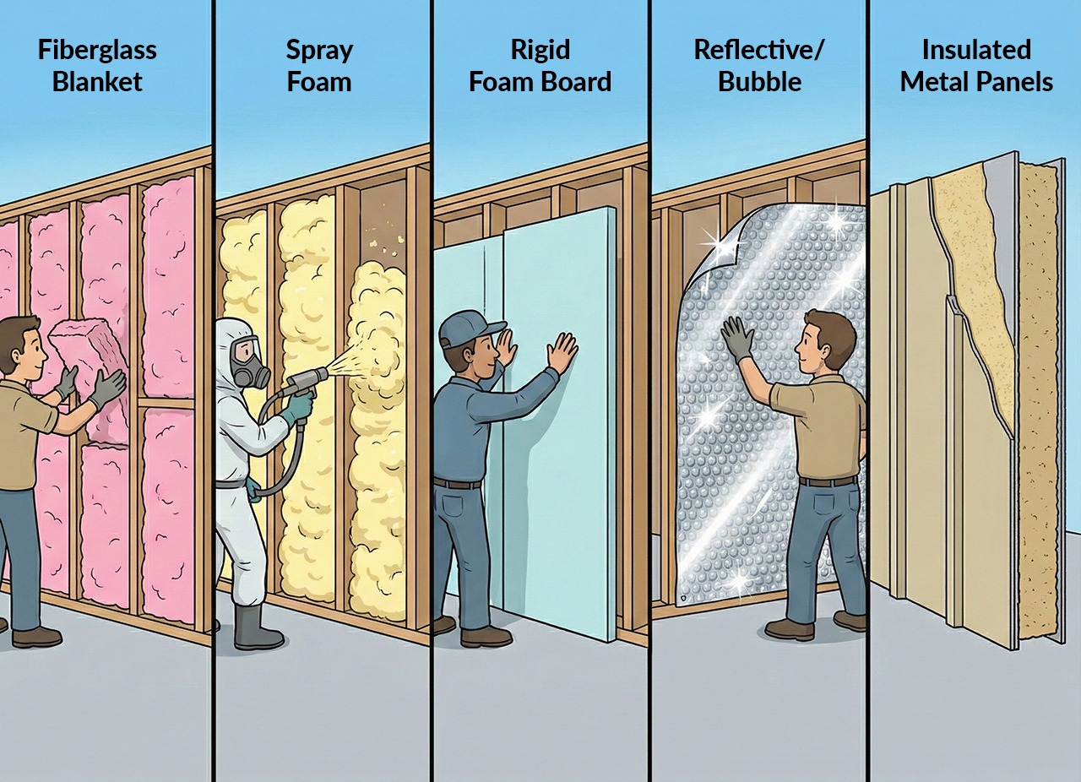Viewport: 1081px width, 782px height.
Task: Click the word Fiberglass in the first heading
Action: [97, 50]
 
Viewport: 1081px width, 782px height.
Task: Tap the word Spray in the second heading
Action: [318, 50]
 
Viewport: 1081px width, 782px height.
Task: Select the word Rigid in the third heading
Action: [540, 50]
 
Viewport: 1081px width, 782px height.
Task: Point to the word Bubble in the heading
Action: [758, 82]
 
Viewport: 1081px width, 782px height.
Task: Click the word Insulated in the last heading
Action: [975, 50]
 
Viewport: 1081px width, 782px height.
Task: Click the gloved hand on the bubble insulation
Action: [737, 337]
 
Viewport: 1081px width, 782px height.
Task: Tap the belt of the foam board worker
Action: [457, 483]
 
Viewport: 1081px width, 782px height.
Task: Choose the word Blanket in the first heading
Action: [97, 82]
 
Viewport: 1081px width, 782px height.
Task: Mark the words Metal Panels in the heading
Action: [975, 82]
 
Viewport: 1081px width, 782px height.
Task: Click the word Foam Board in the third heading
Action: [540, 82]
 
